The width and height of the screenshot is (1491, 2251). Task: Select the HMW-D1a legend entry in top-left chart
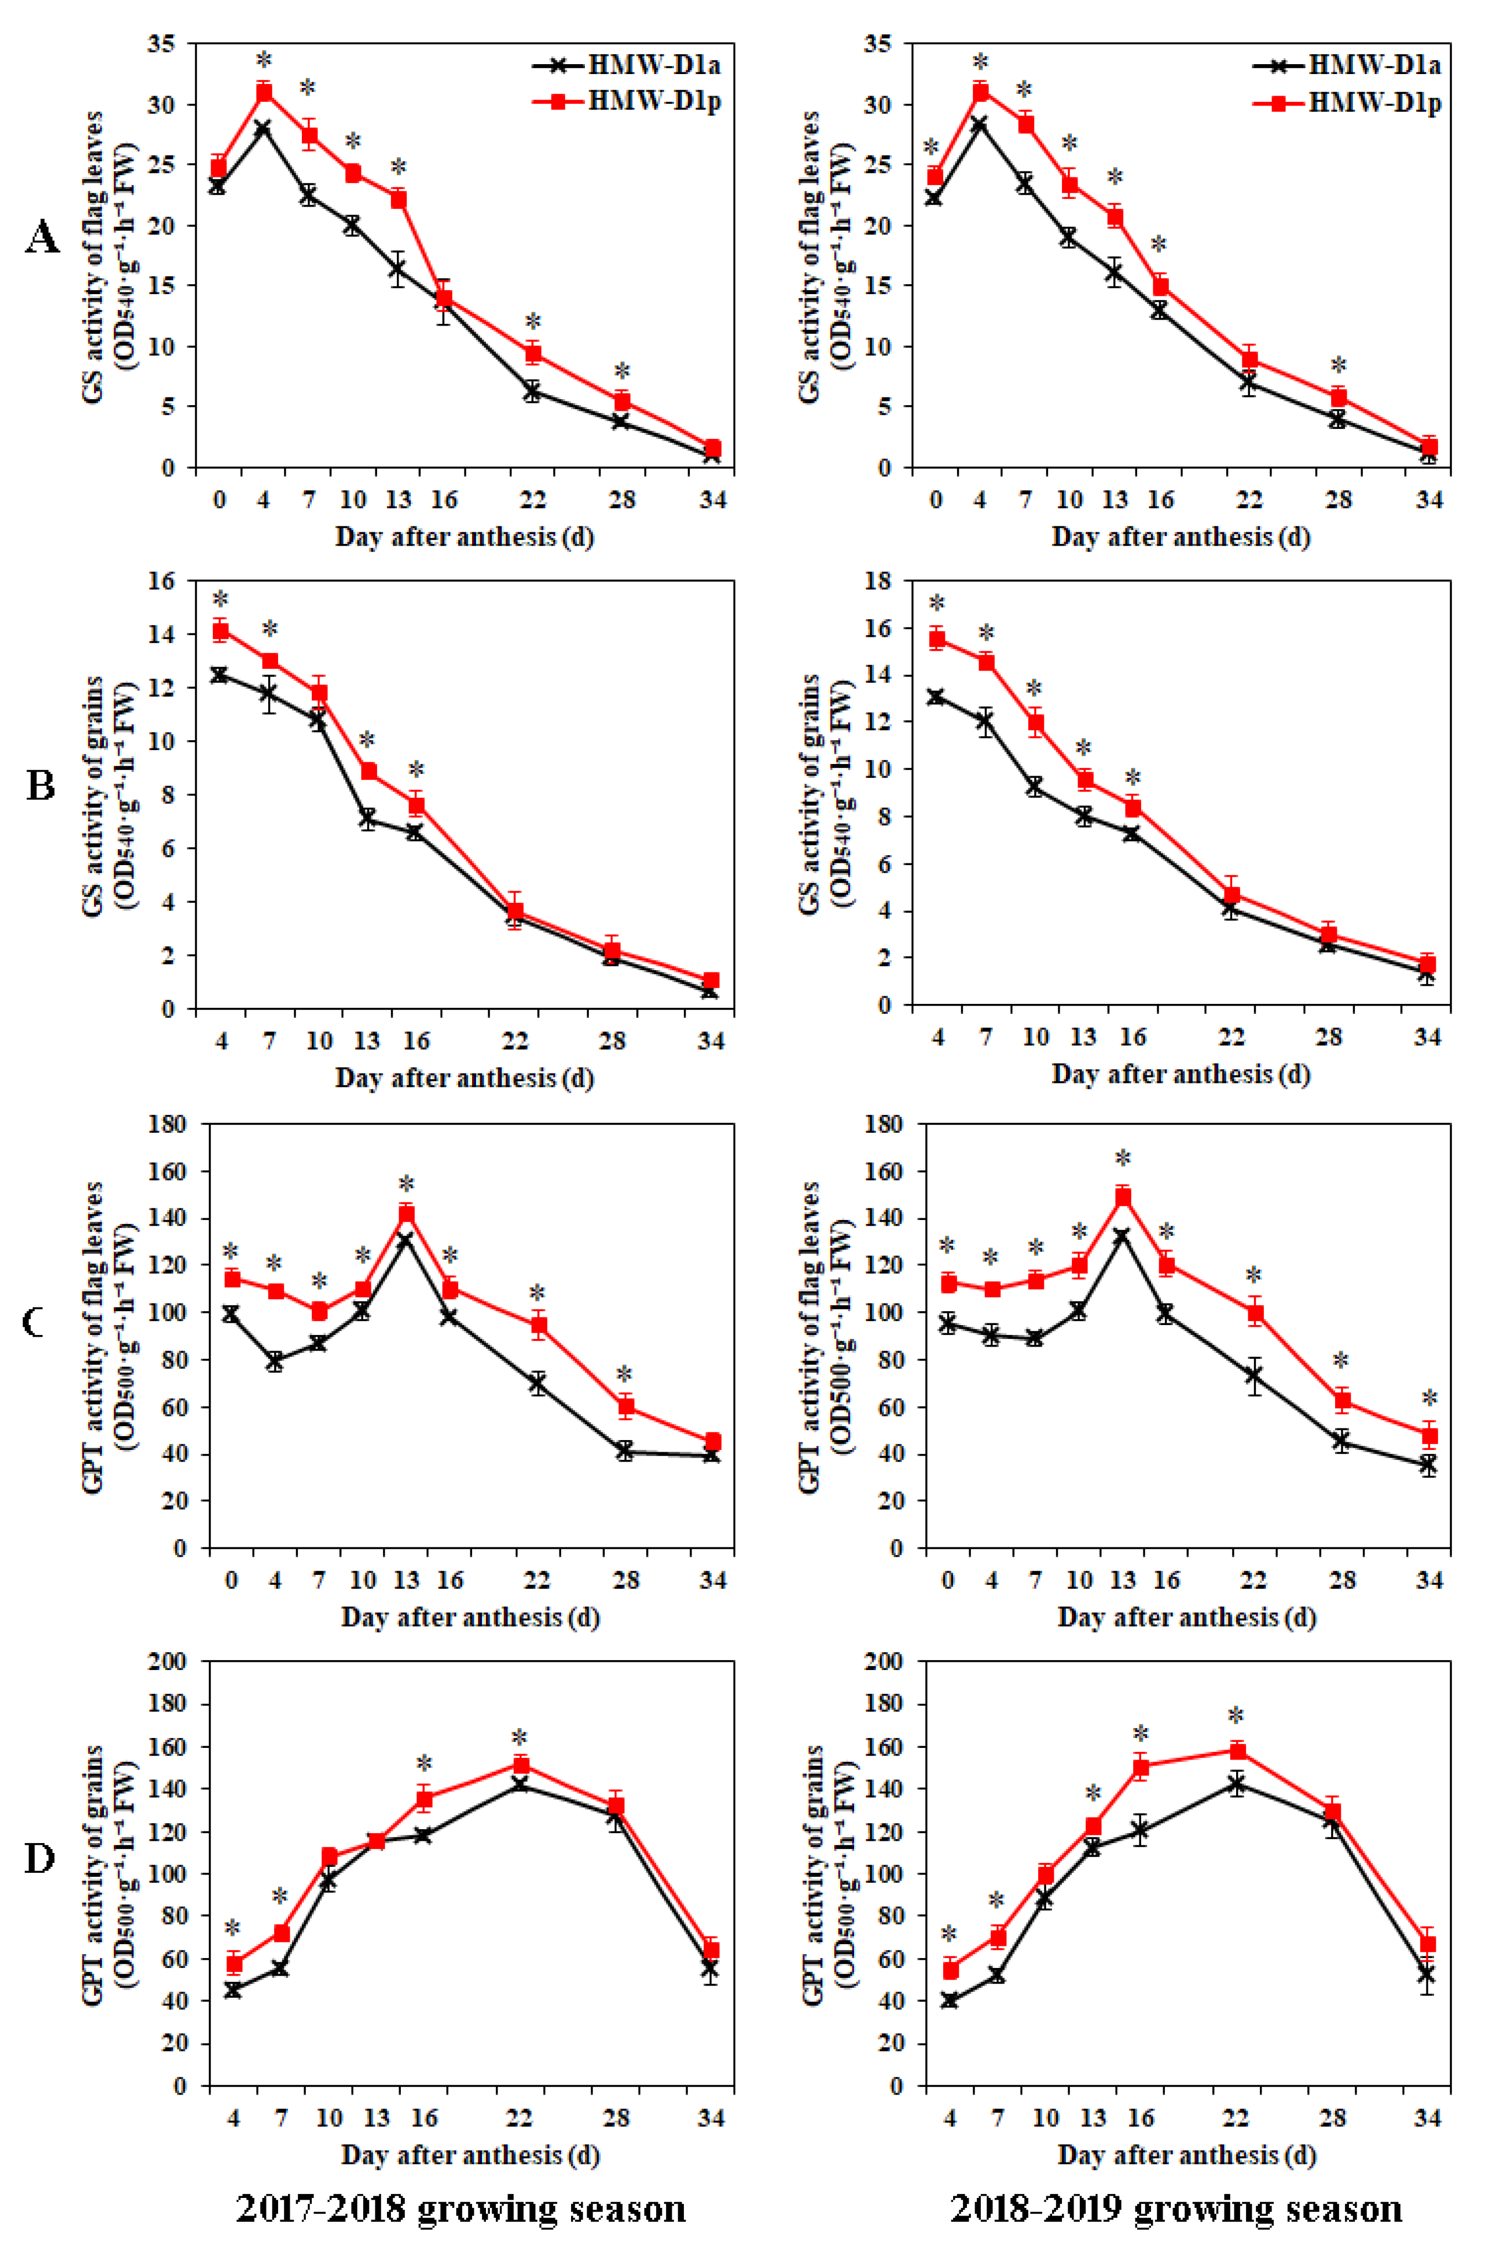click(627, 65)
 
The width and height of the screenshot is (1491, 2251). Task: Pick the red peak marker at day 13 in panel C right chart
click(1123, 1196)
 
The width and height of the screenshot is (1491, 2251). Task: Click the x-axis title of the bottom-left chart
click(470, 2154)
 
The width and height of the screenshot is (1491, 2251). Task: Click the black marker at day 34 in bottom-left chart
click(710, 1969)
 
